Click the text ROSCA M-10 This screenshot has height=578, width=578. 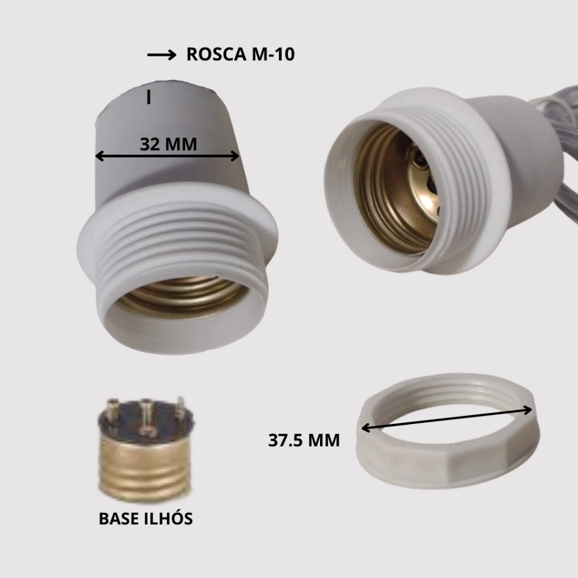[x=240, y=54]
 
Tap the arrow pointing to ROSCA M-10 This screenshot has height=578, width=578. [x=162, y=55]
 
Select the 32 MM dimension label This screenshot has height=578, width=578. [x=168, y=144]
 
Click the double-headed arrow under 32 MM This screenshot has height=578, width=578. [x=167, y=156]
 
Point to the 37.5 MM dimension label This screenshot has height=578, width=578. [x=304, y=440]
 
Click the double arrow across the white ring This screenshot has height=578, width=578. [x=446, y=419]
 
